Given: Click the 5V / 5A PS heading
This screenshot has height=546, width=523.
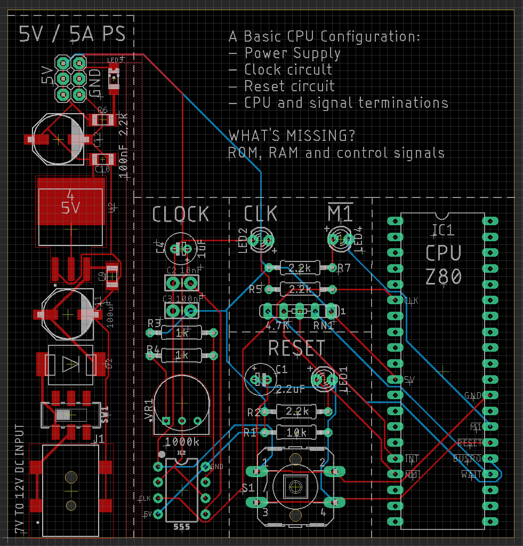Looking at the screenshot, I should click(72, 34).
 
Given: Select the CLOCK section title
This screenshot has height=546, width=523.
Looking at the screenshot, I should click(181, 214).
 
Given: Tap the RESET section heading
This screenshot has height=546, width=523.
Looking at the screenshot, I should click(296, 348).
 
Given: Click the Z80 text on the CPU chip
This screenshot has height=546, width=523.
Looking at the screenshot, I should click(444, 276).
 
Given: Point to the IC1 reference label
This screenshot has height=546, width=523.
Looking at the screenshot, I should click(443, 231).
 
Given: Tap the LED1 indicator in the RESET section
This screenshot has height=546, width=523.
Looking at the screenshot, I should click(323, 378).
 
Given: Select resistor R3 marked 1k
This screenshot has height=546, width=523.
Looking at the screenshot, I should click(182, 333).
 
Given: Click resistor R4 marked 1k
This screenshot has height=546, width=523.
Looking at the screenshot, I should click(182, 355).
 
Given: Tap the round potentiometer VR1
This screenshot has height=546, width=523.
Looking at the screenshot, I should click(181, 402).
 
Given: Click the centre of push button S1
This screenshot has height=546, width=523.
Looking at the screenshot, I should click(294, 486).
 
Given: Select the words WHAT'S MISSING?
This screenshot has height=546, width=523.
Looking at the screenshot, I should click(292, 136).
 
